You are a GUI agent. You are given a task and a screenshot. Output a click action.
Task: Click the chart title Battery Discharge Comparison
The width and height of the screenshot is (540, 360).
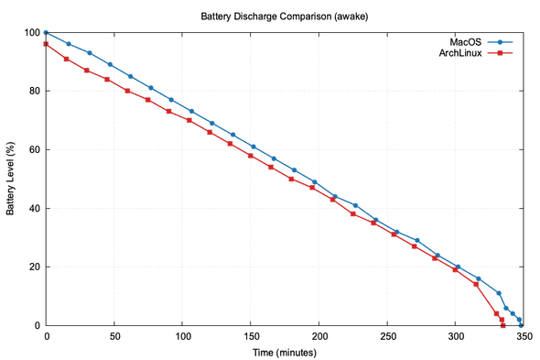269,16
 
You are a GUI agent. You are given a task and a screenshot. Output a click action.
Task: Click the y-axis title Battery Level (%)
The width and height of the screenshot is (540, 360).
11,179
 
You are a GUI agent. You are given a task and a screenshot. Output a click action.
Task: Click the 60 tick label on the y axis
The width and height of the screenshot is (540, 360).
33,149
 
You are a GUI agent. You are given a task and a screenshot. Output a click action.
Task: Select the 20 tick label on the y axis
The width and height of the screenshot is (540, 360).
33,267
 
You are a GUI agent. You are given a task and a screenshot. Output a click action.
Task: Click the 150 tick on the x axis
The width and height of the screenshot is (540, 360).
182,336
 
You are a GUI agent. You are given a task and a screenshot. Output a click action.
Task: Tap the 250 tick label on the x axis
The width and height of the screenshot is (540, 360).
319,336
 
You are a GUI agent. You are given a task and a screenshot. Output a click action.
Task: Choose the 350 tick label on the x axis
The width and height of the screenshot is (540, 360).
522,336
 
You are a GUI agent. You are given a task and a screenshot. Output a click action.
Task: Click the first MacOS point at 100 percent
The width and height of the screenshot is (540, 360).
46,33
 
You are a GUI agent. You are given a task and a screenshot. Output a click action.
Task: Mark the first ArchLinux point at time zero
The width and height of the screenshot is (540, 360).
46,44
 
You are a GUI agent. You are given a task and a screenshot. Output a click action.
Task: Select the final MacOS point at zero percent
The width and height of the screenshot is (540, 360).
522,325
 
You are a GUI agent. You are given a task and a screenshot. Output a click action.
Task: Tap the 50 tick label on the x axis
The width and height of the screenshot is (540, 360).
113,336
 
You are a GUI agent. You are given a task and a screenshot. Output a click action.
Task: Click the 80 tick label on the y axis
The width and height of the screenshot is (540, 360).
33,91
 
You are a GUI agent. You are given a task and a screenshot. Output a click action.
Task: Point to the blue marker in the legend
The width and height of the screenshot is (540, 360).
502,41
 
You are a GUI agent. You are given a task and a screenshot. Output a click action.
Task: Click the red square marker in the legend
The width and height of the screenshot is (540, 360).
502,53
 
